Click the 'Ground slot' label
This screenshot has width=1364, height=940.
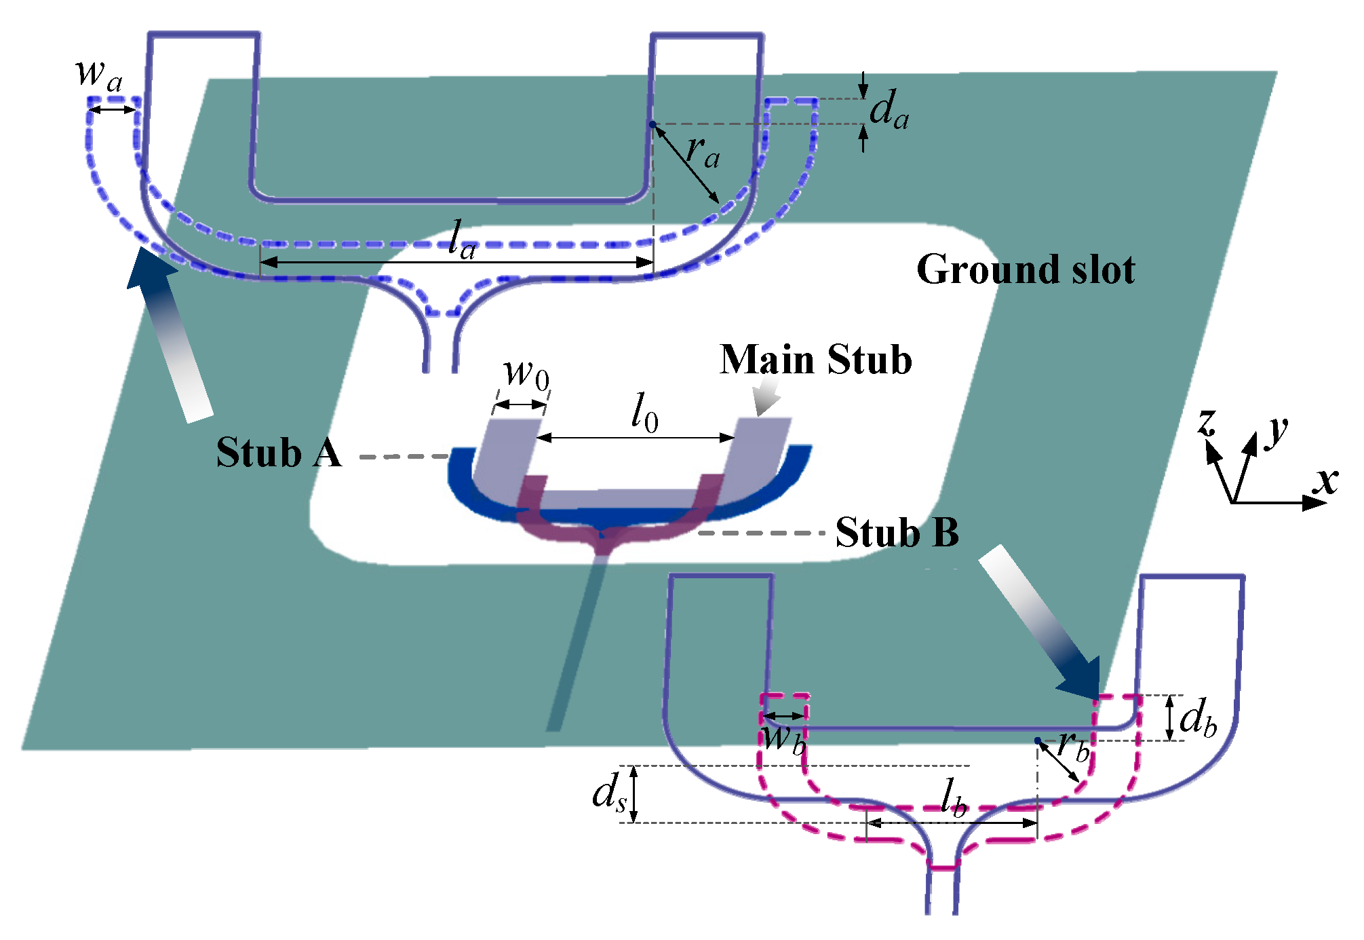click(x=1025, y=269)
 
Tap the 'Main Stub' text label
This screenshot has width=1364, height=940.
click(x=815, y=359)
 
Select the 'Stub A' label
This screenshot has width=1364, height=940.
click(x=278, y=452)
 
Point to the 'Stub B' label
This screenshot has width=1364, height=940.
click(x=897, y=531)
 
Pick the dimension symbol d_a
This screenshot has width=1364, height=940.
click(x=889, y=110)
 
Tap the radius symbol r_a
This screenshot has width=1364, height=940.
click(x=702, y=152)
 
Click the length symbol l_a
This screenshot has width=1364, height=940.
click(x=462, y=240)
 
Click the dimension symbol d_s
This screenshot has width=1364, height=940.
click(x=608, y=793)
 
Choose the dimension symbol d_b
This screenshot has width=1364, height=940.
click(x=1198, y=718)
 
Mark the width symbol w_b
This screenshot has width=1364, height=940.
click(x=784, y=738)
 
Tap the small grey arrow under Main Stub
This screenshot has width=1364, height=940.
click(x=767, y=398)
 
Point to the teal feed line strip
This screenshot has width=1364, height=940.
click(x=577, y=652)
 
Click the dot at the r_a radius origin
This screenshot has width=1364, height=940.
click(x=652, y=124)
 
